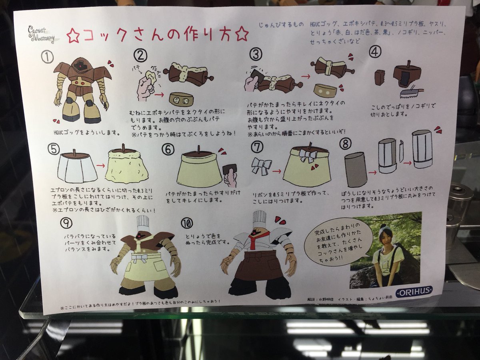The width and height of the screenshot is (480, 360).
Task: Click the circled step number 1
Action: (48, 57)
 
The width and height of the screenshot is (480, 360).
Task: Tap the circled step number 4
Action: (374, 52)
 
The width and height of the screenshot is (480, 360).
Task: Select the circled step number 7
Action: (256, 147)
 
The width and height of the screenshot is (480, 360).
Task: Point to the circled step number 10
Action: (187, 223)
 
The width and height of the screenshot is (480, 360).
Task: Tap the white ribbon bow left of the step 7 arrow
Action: (262, 166)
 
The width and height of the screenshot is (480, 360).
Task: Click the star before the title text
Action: (73, 37)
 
